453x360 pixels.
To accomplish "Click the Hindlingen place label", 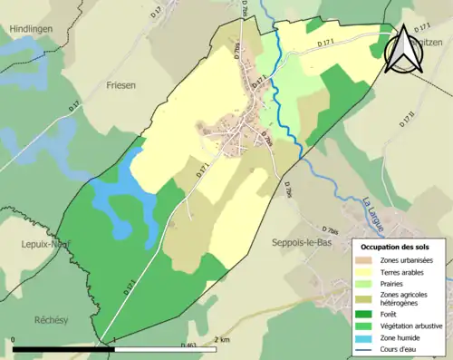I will (x=32, y=29).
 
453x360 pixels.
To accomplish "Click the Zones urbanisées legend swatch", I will (x=366, y=261).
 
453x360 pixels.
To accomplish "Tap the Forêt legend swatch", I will (x=366, y=315).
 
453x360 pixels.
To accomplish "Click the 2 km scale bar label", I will (x=221, y=340).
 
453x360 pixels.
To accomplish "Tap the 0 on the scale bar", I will (x=14, y=340).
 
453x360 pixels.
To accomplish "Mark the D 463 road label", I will (x=189, y=345).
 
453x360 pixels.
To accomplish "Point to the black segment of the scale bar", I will (x=63, y=348).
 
